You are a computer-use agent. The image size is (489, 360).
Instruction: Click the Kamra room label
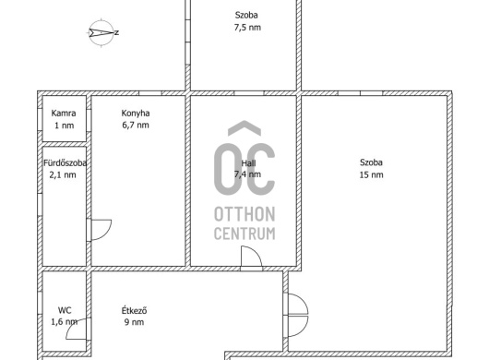pos(64,113)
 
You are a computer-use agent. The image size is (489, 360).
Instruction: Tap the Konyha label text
pos(136,114)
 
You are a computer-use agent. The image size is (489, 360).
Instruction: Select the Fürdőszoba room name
pos(65,162)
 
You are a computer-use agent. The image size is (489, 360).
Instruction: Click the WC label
pos(65,310)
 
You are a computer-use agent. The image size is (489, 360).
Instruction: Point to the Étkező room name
pos(134,310)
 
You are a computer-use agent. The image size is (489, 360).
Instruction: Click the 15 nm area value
pos(371,174)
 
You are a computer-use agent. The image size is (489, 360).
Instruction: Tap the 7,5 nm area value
pos(247,28)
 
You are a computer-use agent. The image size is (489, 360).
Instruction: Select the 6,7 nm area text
pos(136,126)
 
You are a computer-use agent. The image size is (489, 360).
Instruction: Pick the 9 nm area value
pos(134,322)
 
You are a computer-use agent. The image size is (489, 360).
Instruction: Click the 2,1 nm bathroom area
pos(63,175)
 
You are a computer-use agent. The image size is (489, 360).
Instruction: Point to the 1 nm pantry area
pos(65,126)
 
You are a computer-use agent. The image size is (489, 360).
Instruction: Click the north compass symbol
pos(103,32)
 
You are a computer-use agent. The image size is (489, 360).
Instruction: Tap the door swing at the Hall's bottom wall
pos(251,257)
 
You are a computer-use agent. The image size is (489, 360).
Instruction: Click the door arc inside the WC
pos(76,330)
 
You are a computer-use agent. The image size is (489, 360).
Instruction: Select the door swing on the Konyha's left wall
pos(101,230)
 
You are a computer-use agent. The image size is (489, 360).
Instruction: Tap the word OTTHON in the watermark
pos(244,214)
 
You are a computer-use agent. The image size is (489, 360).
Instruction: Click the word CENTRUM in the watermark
pos(244,234)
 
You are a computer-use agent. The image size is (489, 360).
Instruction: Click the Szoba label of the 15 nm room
pos(371,162)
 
